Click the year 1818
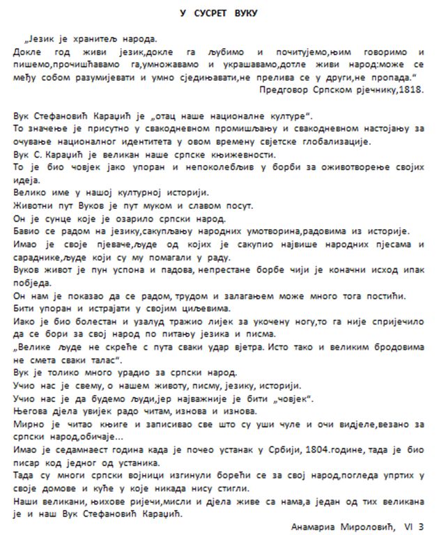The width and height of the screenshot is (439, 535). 409,90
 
